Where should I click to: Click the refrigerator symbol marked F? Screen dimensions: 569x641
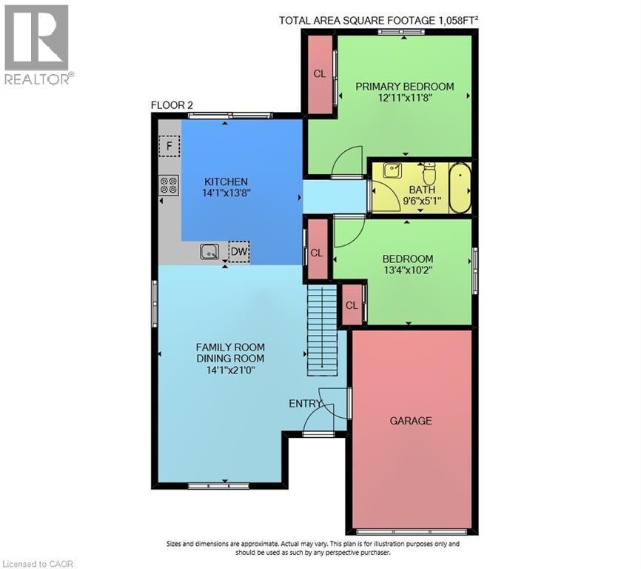click(x=170, y=146)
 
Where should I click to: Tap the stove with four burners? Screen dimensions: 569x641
click(x=169, y=184)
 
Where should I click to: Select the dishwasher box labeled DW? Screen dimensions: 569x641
click(x=239, y=253)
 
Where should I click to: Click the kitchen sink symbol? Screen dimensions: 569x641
click(x=210, y=253)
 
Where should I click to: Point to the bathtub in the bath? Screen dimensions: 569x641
click(x=460, y=187)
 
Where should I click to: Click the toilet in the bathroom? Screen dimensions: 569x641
click(x=429, y=174)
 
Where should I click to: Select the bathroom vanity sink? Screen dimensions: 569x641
click(x=392, y=172)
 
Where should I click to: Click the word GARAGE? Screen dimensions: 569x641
click(x=411, y=421)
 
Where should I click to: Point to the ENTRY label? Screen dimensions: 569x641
click(x=305, y=404)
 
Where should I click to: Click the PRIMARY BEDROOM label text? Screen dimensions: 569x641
click(x=404, y=87)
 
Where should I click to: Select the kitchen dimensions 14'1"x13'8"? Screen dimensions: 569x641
click(x=226, y=193)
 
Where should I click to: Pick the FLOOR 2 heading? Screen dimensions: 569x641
click(x=172, y=105)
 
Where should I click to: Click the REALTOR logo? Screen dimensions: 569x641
click(x=36, y=44)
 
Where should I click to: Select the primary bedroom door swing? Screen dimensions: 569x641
click(x=347, y=163)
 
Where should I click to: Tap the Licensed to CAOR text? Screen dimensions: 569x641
click(x=38, y=564)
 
